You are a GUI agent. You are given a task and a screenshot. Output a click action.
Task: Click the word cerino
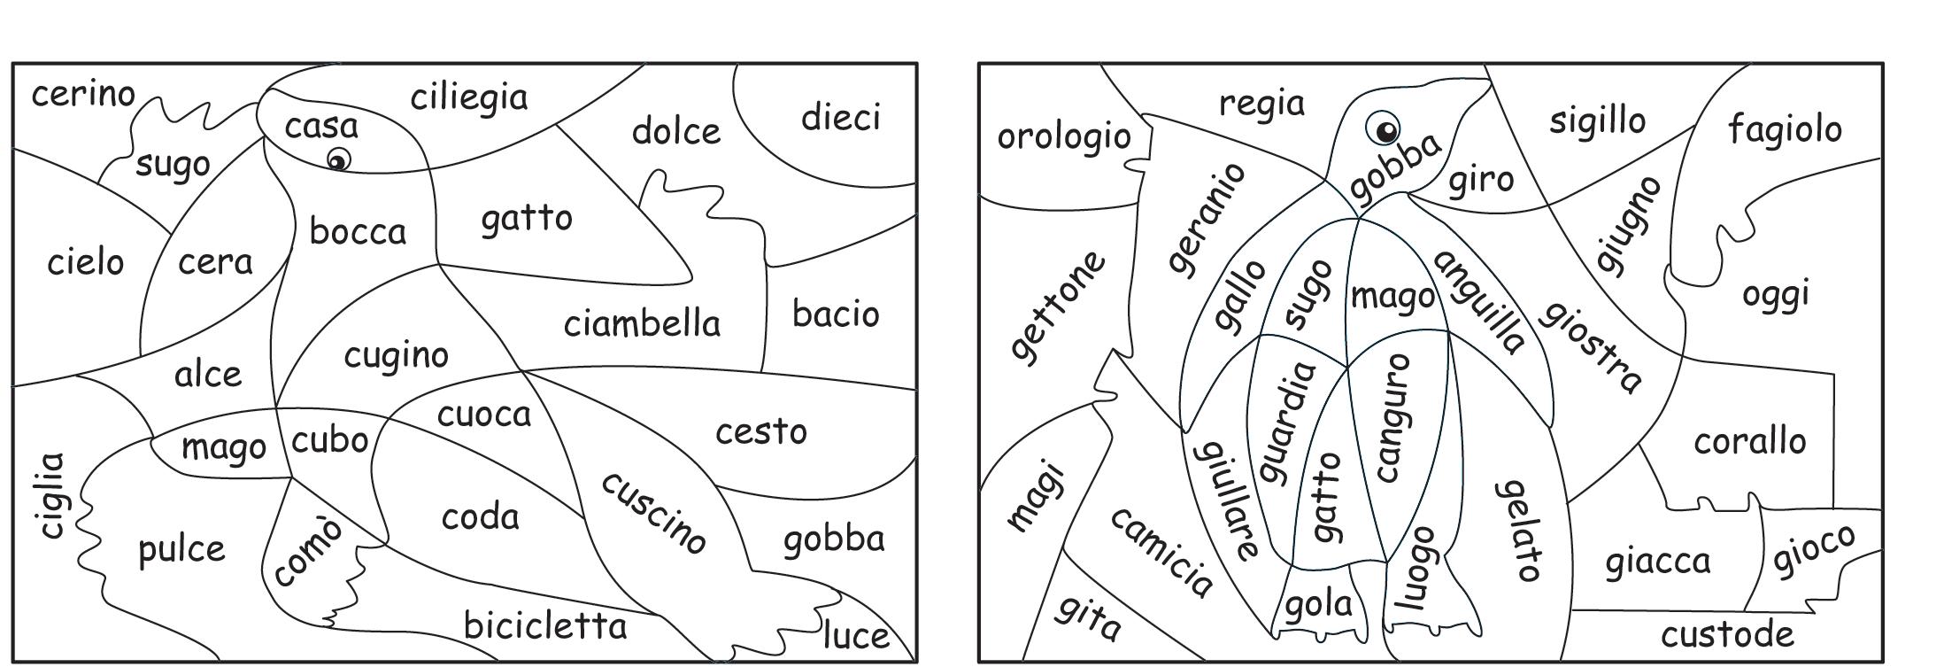click(x=83, y=94)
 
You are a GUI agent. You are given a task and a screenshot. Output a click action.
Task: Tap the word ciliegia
click(x=468, y=97)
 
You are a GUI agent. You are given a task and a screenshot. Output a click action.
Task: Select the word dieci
click(x=840, y=118)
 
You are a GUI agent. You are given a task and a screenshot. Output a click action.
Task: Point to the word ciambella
click(x=642, y=324)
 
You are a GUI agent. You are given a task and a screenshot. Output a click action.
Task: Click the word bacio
click(x=835, y=314)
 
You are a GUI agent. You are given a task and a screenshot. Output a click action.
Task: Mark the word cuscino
click(x=653, y=513)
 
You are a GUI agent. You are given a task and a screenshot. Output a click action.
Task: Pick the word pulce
click(x=181, y=550)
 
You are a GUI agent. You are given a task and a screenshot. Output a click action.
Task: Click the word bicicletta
click(x=545, y=626)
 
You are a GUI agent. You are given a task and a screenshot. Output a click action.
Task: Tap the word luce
click(x=855, y=635)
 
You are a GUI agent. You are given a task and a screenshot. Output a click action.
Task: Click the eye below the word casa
click(x=338, y=160)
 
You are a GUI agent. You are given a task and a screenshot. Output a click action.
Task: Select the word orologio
click(x=1063, y=137)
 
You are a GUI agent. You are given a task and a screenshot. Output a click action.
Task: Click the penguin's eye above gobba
click(x=1384, y=129)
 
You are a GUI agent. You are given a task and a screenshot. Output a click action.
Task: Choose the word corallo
click(x=1749, y=441)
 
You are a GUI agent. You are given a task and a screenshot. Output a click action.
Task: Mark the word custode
click(x=1726, y=634)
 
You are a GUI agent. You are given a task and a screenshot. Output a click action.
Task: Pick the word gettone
click(x=1059, y=306)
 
